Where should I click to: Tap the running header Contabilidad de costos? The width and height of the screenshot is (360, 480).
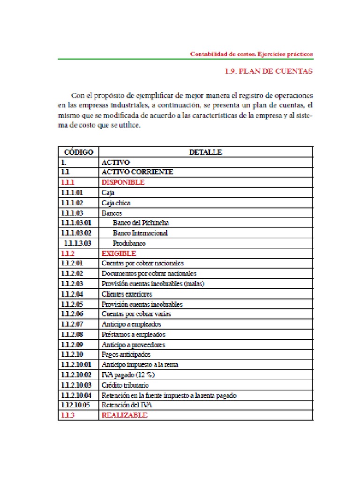(251, 54)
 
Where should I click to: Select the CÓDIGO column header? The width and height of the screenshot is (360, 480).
(78, 152)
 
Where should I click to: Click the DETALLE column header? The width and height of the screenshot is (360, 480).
(205, 152)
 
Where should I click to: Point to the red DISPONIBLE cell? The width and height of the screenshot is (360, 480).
(123, 182)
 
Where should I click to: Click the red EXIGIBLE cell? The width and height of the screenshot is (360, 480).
(119, 253)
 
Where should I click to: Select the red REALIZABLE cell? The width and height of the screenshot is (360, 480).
(124, 415)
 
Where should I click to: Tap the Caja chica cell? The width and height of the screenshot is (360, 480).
(116, 202)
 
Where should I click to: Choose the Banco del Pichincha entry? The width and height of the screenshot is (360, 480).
(141, 223)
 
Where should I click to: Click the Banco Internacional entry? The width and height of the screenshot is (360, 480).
(140, 233)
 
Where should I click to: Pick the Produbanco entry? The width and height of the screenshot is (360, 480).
(129, 243)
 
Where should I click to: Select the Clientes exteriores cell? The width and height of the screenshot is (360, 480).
(127, 294)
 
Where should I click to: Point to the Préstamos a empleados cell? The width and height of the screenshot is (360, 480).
(133, 334)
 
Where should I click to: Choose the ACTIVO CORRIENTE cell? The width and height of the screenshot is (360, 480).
(137, 172)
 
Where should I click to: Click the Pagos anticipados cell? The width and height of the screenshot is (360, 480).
(126, 354)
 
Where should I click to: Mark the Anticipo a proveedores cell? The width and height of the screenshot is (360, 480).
(133, 345)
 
